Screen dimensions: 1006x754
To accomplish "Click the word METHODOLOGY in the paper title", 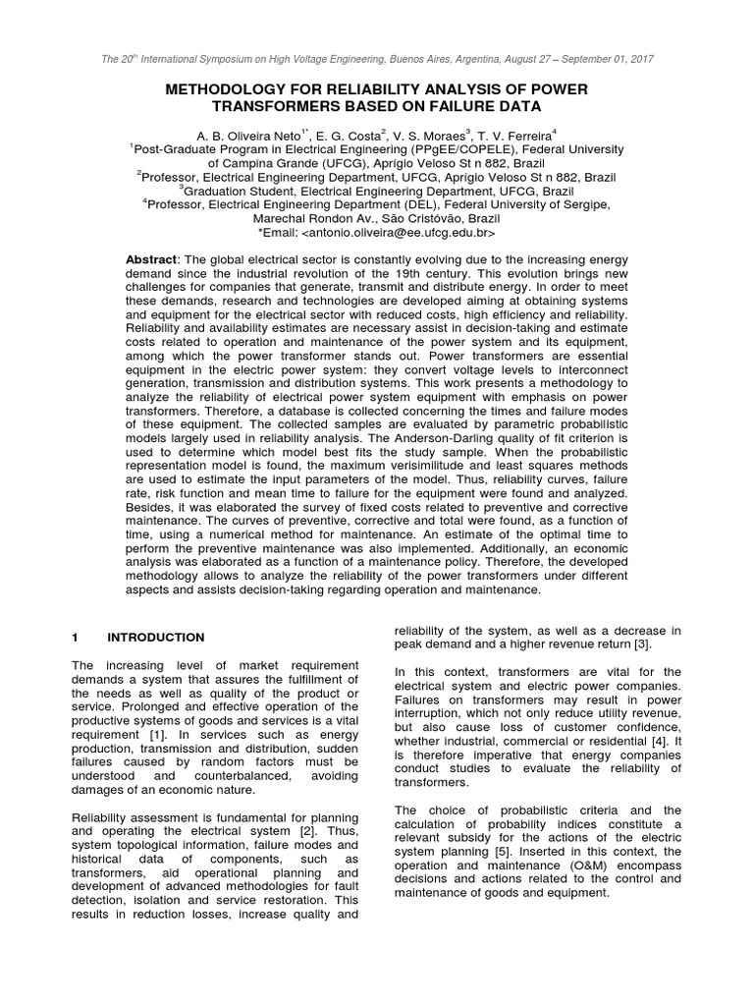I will click(227, 89).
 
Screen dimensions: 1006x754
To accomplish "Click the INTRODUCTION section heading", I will click(156, 638).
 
